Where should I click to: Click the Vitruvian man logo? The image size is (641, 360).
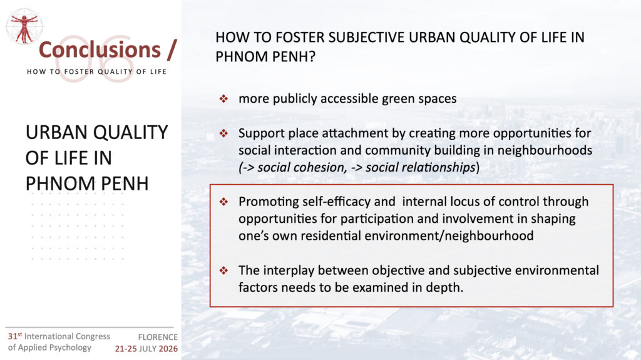(x=24, y=26)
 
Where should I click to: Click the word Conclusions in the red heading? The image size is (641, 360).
(x=100, y=50)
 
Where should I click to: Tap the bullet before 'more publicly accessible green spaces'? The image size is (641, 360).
(x=223, y=98)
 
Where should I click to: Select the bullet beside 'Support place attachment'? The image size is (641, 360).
(x=223, y=133)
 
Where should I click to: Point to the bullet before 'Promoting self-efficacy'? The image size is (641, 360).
(x=223, y=201)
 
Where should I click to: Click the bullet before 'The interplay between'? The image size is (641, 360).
(x=223, y=270)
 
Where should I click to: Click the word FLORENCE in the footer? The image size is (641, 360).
(x=158, y=337)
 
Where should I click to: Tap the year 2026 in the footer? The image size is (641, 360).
(x=168, y=349)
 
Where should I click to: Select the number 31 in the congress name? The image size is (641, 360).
(x=13, y=336)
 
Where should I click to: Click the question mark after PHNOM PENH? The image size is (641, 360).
(x=312, y=56)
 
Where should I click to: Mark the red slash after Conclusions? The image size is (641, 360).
(x=172, y=50)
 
